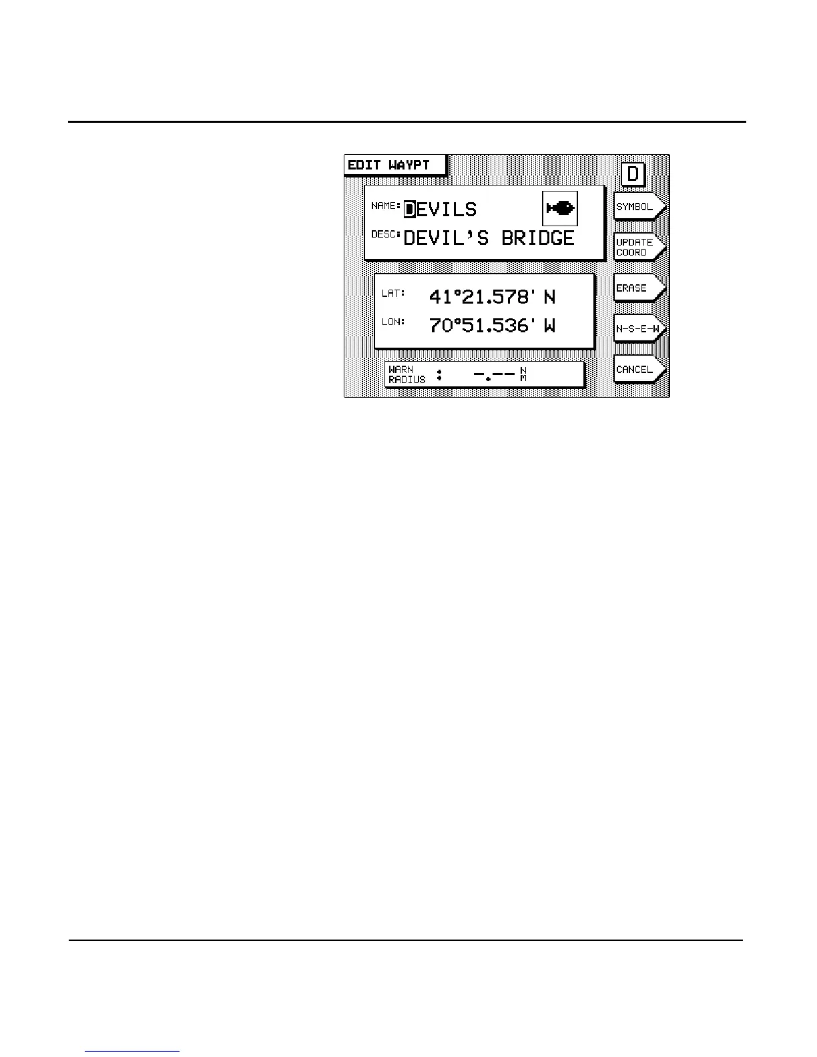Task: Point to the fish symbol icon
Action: point(560,208)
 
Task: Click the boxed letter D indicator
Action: point(633,174)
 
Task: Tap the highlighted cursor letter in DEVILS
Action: point(410,210)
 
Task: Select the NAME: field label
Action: point(386,206)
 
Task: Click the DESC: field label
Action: point(386,234)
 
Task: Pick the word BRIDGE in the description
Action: point(538,238)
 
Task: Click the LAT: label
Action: point(393,293)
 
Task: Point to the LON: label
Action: point(393,322)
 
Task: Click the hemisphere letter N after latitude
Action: point(549,297)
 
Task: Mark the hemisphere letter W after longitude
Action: point(549,326)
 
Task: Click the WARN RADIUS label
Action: point(406,374)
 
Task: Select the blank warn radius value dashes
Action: point(494,374)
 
